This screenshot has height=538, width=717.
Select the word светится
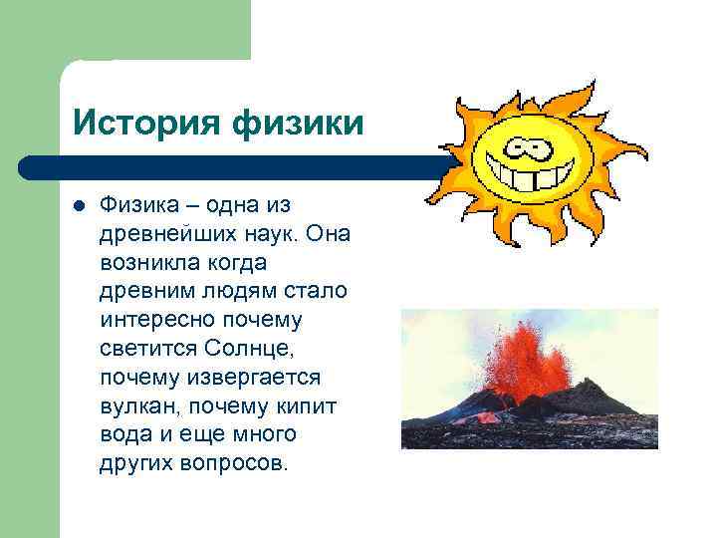pos(147,349)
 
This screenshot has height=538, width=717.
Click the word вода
pos(122,435)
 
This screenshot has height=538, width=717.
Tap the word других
pos(135,464)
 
